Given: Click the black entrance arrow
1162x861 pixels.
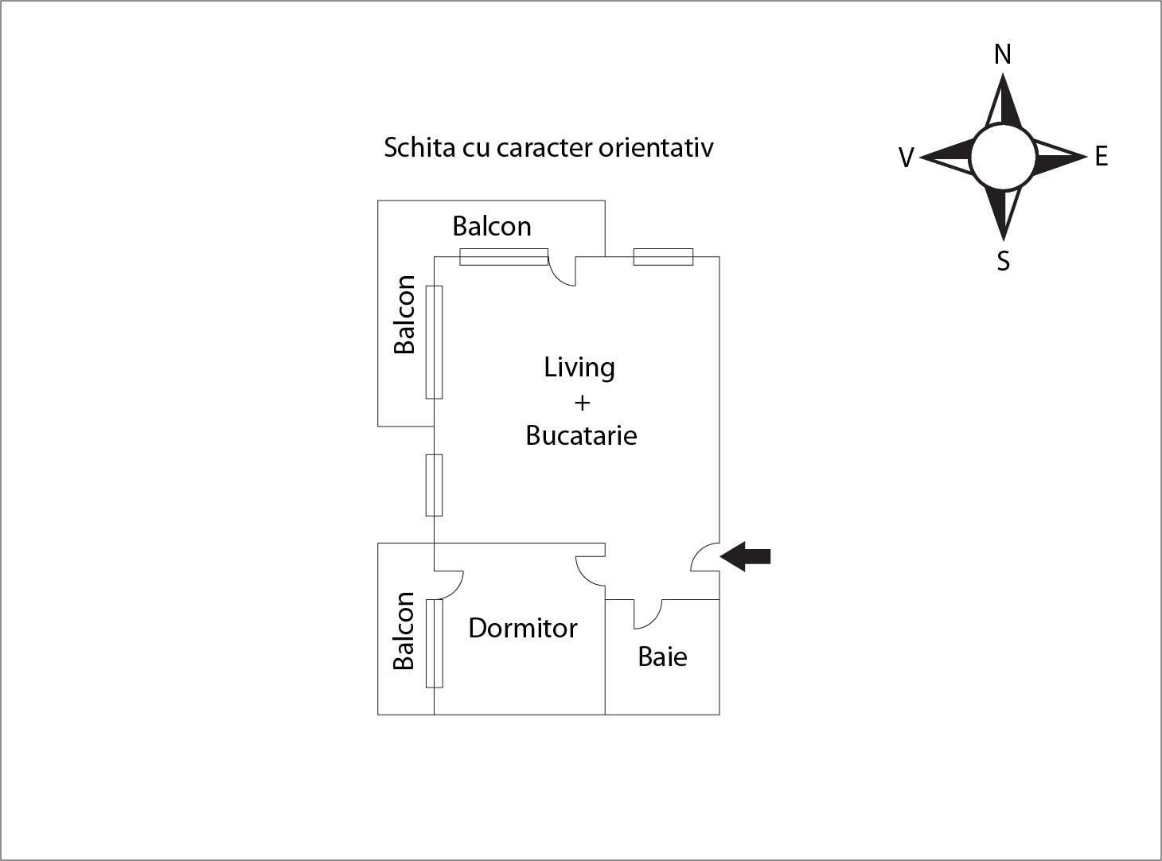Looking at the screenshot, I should pyautogui.click(x=746, y=556).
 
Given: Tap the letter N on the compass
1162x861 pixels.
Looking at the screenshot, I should pyautogui.click(x=1003, y=54).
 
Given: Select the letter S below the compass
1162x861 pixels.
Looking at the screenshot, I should pyautogui.click(x=1004, y=261).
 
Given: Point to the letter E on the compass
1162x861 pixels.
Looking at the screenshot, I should pyautogui.click(x=1101, y=156).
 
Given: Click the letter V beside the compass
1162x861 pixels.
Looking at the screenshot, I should pyautogui.click(x=906, y=158).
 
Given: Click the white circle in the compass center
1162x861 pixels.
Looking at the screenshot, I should pyautogui.click(x=1003, y=157).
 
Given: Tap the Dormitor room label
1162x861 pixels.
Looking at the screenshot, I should pyautogui.click(x=522, y=628).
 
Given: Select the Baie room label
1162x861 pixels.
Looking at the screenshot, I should pyautogui.click(x=662, y=656).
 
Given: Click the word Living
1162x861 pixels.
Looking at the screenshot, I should pyautogui.click(x=579, y=367).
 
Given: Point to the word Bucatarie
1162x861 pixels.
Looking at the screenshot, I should pyautogui.click(x=581, y=435).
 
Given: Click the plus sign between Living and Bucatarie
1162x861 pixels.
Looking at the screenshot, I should pyautogui.click(x=582, y=403).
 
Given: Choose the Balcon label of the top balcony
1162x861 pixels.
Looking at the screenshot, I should pyautogui.click(x=491, y=226).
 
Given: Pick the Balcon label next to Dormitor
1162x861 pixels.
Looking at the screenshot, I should pyautogui.click(x=404, y=630).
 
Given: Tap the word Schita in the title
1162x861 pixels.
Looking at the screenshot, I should pyautogui.click(x=419, y=147).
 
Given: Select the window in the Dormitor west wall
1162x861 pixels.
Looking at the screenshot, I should pyautogui.click(x=434, y=643).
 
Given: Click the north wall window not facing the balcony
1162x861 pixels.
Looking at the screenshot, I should pyautogui.click(x=663, y=257).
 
